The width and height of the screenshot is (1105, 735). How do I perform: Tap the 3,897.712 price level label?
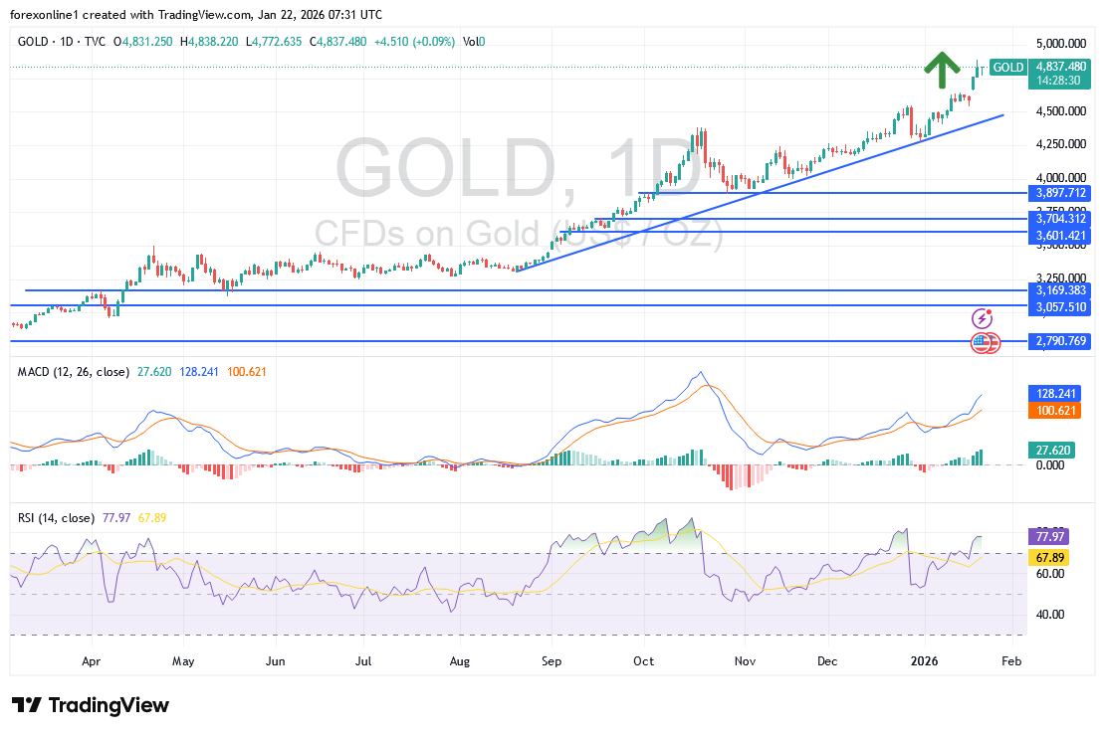[1061, 193]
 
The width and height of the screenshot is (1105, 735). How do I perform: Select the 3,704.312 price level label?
[1061, 218]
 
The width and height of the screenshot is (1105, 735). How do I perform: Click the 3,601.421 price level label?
[1061, 235]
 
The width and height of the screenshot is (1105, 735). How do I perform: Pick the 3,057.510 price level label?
[1061, 308]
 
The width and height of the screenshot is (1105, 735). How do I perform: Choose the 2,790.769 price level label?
[1061, 341]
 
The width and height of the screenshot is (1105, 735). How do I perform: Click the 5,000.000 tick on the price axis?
[1061, 44]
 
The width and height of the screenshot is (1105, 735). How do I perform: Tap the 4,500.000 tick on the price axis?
[1061, 111]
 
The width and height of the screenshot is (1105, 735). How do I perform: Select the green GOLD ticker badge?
[1008, 68]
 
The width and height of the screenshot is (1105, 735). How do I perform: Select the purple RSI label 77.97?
[1050, 536]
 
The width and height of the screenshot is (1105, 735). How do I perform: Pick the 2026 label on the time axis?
[926, 659]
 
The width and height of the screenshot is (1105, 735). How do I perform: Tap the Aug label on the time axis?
[458, 659]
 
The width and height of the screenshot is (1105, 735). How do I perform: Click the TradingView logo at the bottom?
[92, 705]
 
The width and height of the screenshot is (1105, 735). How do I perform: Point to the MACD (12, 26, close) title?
[74, 372]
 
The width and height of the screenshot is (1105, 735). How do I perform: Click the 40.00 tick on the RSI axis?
[1050, 615]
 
